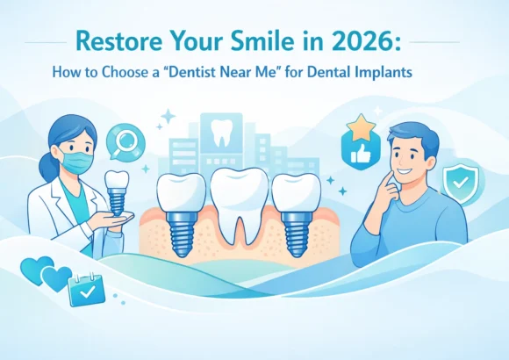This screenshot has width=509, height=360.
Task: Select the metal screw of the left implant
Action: click(x=181, y=231)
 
